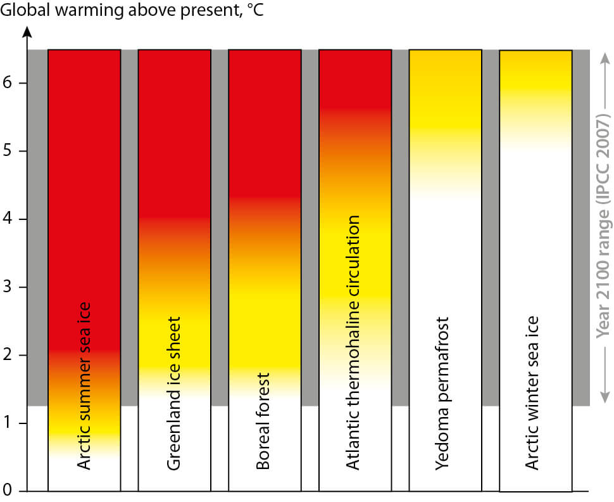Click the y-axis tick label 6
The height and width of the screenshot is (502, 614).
[7, 83]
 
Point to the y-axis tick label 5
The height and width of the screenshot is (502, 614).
[7, 151]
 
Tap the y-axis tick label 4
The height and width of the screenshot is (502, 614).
[7, 219]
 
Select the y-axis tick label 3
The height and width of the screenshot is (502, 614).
[7, 287]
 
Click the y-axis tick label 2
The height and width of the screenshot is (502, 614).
[7, 355]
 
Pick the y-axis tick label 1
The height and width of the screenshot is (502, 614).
[7, 423]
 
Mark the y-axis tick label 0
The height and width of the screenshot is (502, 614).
[7, 490]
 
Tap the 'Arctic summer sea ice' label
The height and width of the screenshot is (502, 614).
[84, 385]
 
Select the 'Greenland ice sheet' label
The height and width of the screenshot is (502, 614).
[174, 393]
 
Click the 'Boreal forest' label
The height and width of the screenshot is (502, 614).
[263, 421]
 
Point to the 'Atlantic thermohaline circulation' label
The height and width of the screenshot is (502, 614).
[353, 342]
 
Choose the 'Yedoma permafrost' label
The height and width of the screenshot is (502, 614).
[443, 393]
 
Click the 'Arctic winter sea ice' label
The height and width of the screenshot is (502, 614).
[532, 392]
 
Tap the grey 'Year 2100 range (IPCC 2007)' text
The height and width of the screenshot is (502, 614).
[603, 226]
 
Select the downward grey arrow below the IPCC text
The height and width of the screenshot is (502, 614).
[605, 374]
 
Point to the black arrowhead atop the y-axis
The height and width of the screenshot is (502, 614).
[27, 32]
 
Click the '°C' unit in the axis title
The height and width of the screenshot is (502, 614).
[256, 10]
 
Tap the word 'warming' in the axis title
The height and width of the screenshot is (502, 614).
[90, 11]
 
